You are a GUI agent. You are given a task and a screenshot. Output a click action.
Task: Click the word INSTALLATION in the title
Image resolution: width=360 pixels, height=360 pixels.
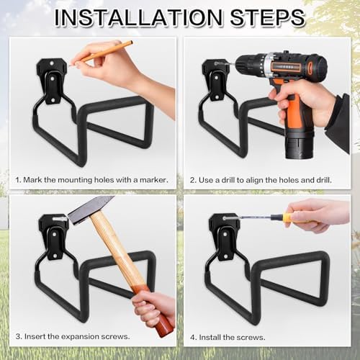(x=139, y=17)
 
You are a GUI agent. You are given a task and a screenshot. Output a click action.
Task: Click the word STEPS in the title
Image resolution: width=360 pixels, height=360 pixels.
(x=267, y=17)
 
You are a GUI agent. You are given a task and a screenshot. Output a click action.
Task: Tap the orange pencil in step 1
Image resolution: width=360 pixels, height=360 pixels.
(x=101, y=54)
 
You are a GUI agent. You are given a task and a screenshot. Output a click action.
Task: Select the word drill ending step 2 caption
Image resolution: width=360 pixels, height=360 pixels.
(x=324, y=180)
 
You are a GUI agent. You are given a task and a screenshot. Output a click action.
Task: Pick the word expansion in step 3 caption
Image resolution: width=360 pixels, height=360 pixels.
(x=79, y=337)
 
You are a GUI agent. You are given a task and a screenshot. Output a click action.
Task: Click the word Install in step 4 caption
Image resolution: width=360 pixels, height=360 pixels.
(x=210, y=338)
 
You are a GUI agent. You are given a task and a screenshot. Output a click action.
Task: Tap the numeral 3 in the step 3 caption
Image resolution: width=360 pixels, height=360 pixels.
(x=18, y=336)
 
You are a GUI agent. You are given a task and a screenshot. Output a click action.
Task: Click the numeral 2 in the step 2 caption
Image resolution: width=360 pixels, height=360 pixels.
(x=192, y=180)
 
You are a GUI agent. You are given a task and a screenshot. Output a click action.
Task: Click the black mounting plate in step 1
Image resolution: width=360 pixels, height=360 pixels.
(x=53, y=80)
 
